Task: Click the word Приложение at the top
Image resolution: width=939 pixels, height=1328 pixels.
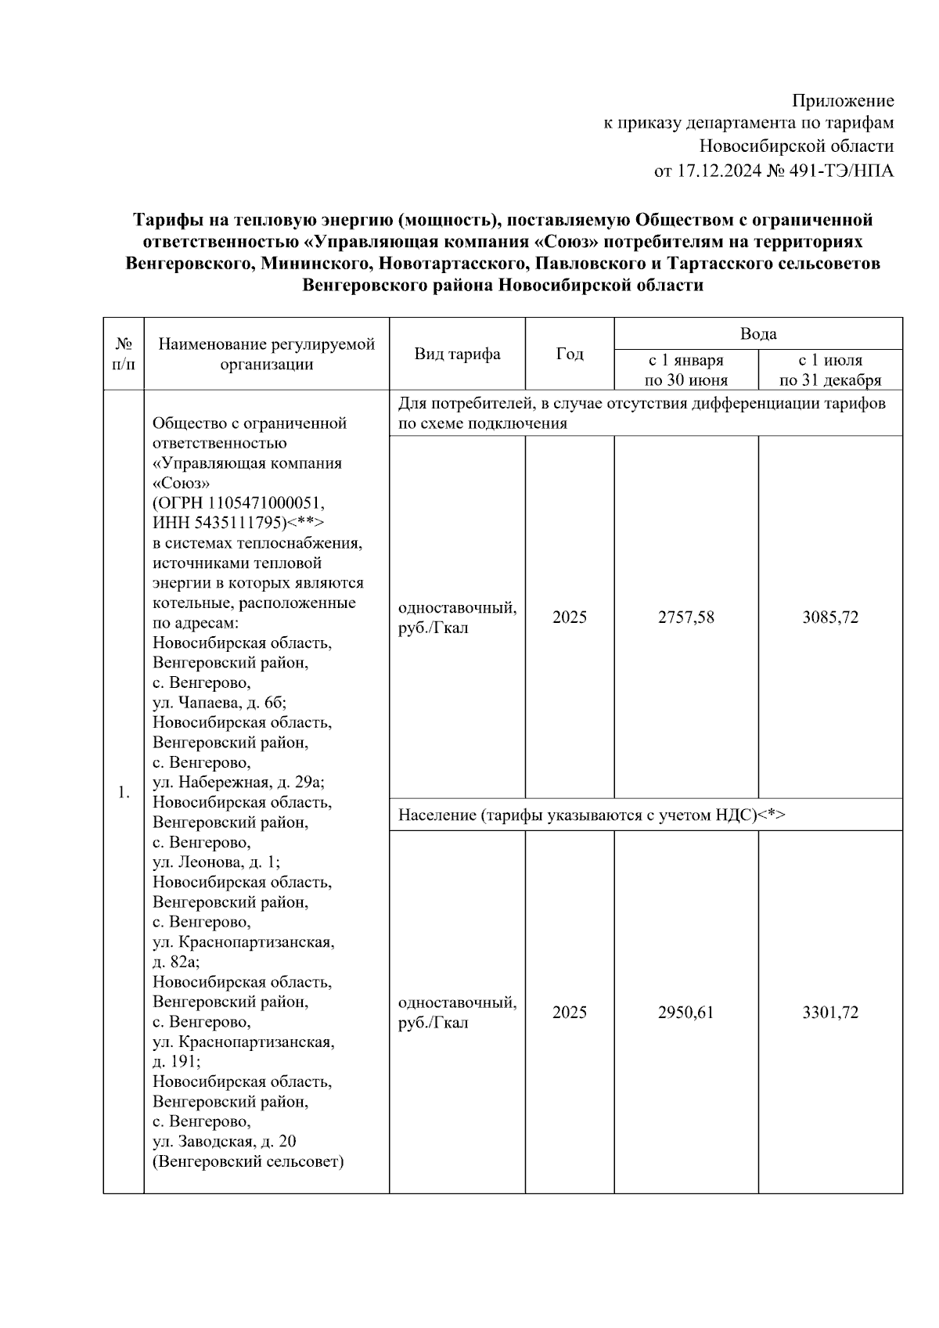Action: point(843,101)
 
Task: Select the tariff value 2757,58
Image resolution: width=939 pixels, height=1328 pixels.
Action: point(685,617)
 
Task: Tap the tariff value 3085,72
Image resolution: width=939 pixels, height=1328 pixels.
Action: point(830,617)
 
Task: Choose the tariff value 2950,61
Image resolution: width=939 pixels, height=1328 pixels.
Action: point(685,1013)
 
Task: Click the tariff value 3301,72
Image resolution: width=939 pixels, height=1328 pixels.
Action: point(830,1013)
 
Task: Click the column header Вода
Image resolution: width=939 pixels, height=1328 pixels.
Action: point(758,334)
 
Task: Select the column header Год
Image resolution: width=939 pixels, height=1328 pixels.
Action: point(570,354)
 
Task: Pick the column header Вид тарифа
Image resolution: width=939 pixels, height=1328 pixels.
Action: point(457,354)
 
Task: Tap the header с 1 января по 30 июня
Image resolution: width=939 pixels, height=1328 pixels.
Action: point(685,370)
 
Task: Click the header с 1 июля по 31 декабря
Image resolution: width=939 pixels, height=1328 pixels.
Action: point(830,370)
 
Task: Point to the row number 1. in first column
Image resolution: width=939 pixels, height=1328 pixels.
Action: point(124,793)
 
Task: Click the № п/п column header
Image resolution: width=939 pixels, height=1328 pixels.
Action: point(124,354)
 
